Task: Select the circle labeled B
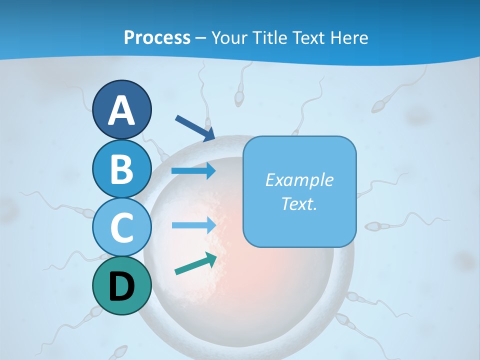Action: (121, 169)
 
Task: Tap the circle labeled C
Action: (121, 227)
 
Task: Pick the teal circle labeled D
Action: (121, 286)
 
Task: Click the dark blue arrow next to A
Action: (195, 127)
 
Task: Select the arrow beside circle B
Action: (194, 171)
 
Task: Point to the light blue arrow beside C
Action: (194, 225)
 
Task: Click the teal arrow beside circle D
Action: (195, 264)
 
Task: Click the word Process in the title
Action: (157, 37)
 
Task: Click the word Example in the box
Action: (299, 180)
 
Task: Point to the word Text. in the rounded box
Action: (299, 204)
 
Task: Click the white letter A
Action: (121, 110)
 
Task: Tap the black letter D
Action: (121, 286)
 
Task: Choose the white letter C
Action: (121, 227)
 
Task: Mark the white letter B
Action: (121, 169)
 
